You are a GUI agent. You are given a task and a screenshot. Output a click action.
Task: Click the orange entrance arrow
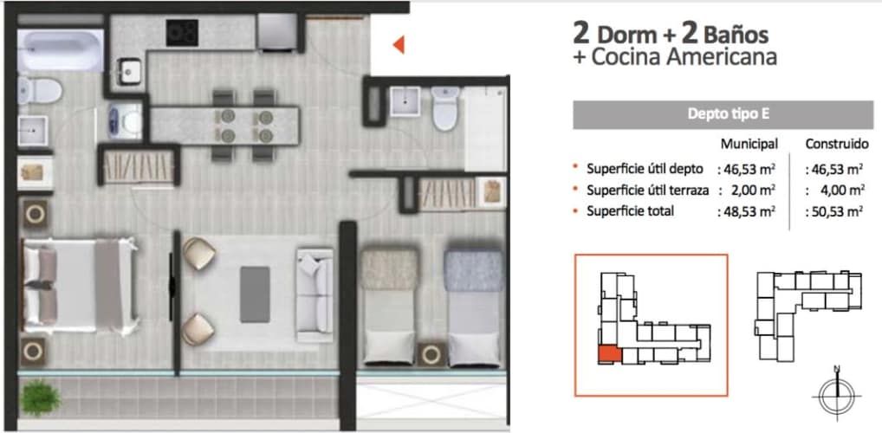399,44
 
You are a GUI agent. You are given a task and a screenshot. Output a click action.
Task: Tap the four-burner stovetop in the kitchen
182,33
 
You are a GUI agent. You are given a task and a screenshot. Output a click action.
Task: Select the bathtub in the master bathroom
60,49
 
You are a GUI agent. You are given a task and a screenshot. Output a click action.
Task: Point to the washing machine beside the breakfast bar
125,120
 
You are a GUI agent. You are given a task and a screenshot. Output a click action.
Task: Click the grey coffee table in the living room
255,294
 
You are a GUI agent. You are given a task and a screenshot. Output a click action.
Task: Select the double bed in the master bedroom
80,285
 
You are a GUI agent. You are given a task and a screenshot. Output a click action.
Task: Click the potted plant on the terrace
40,397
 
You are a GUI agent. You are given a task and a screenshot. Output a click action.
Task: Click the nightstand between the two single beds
431,353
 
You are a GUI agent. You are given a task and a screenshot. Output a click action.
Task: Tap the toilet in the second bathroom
445,108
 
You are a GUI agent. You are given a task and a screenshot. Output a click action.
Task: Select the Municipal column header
749,145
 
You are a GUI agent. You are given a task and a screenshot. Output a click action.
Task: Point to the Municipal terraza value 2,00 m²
747,190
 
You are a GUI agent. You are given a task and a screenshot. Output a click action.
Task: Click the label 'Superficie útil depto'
645,169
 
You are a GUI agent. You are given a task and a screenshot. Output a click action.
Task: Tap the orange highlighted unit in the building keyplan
610,355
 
